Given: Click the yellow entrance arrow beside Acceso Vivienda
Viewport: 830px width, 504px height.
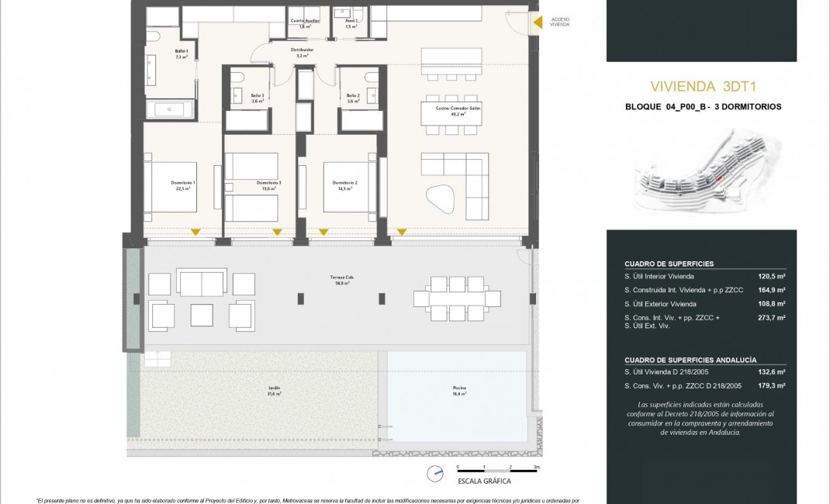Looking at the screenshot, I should tap(538, 23).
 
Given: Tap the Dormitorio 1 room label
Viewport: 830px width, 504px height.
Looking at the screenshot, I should tap(183, 185).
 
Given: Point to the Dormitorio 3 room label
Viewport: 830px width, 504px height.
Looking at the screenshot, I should tap(269, 185).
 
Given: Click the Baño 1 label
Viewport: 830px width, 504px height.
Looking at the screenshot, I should tap(182, 54).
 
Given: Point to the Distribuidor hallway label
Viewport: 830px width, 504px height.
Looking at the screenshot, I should tap(302, 53).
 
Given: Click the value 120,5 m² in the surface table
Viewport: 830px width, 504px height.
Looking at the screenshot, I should tap(771, 276).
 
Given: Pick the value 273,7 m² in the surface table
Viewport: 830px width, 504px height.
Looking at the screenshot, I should tap(771, 318).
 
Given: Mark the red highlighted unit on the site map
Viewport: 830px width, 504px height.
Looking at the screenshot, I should tap(719, 178).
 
